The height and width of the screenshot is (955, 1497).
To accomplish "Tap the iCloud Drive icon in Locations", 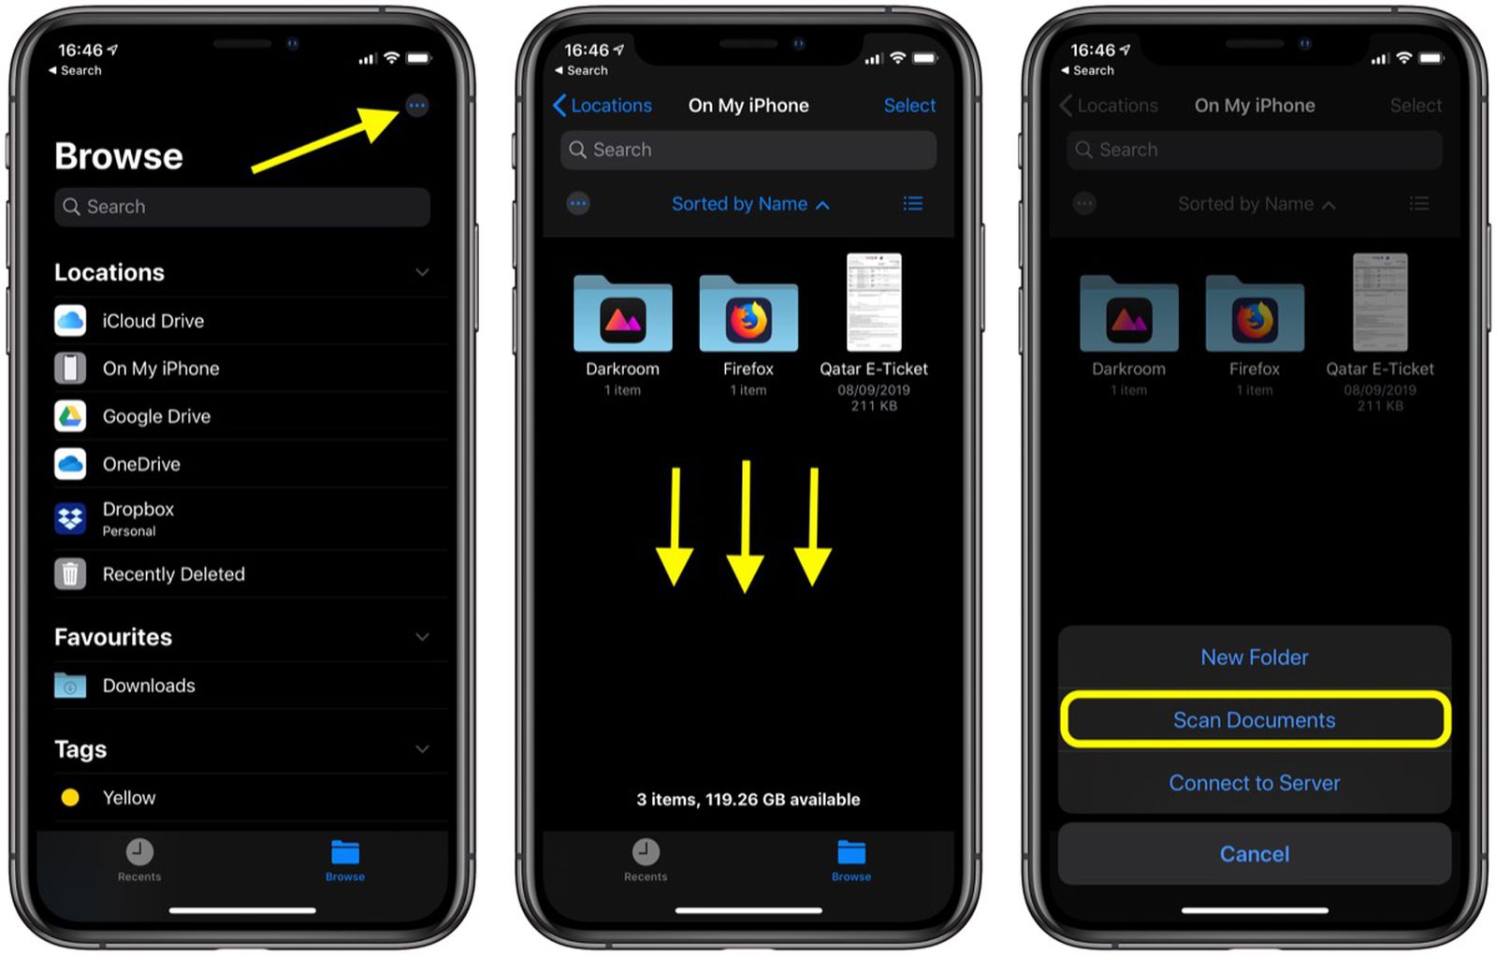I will (x=70, y=321).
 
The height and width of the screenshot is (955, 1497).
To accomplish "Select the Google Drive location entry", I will (x=156, y=416).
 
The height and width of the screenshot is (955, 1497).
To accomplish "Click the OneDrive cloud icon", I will (x=70, y=464).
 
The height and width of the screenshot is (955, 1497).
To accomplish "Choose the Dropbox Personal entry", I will (x=138, y=518).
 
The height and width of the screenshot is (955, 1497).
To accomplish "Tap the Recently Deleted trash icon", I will (x=70, y=574).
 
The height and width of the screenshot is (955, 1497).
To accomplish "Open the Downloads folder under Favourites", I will (x=148, y=686).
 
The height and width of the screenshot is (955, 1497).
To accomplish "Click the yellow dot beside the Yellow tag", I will (x=70, y=798).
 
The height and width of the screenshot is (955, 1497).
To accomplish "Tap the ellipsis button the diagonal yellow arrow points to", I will (x=417, y=106).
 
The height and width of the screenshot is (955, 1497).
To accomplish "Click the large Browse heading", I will (x=119, y=156).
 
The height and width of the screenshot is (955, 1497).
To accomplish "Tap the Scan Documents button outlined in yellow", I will (x=1254, y=720).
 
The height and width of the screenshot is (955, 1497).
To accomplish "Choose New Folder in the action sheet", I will (x=1254, y=658).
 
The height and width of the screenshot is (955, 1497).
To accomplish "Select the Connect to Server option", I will (x=1254, y=783).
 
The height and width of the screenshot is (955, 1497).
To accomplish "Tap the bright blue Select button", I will (x=909, y=106).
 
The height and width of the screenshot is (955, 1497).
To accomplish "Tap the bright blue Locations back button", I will (x=603, y=106).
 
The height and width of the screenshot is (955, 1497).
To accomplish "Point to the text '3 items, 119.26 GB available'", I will (x=748, y=800).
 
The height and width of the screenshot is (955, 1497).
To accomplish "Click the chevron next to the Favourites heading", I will (x=422, y=637).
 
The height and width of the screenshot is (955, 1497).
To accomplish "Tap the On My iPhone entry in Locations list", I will (x=160, y=369).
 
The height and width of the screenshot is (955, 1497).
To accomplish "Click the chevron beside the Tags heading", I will (x=422, y=749).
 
